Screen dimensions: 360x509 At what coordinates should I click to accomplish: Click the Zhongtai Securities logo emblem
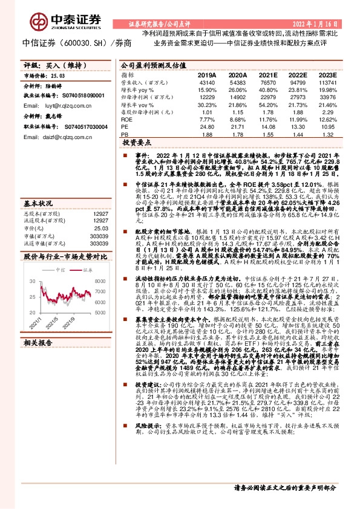click(x=41, y=22)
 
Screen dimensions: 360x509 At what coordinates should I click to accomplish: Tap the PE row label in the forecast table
click(x=125, y=128)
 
